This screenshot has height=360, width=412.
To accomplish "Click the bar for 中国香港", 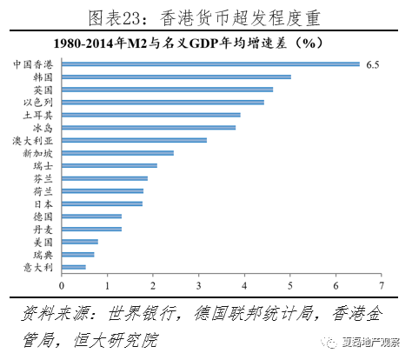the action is tap(210, 64).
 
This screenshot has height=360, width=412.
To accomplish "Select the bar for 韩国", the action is tap(176, 77).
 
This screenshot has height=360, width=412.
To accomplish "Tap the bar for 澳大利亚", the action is tap(134, 140).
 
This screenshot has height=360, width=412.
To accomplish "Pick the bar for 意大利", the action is tap(74, 267).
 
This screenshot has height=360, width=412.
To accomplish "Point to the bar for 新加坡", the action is tap(117, 153).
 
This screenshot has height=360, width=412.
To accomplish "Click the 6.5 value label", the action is tap(373, 64).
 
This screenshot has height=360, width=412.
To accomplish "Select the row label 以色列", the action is tap(38, 103).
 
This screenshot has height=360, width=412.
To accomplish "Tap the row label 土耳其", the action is tap(38, 115).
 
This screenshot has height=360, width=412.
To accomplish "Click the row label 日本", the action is tap(43, 204).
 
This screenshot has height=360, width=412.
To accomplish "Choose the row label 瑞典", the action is tap(43, 255).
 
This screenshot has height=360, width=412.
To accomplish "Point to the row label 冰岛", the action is tap(43, 128).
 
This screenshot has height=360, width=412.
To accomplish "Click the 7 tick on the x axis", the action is tap(382, 286).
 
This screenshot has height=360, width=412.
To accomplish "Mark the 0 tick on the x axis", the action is tap(62, 286).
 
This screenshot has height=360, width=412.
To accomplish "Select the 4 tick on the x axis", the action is tap(244, 286).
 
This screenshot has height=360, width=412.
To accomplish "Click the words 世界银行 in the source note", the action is tap(142, 314).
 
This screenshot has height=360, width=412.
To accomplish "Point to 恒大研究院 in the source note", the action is tap(116, 340).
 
